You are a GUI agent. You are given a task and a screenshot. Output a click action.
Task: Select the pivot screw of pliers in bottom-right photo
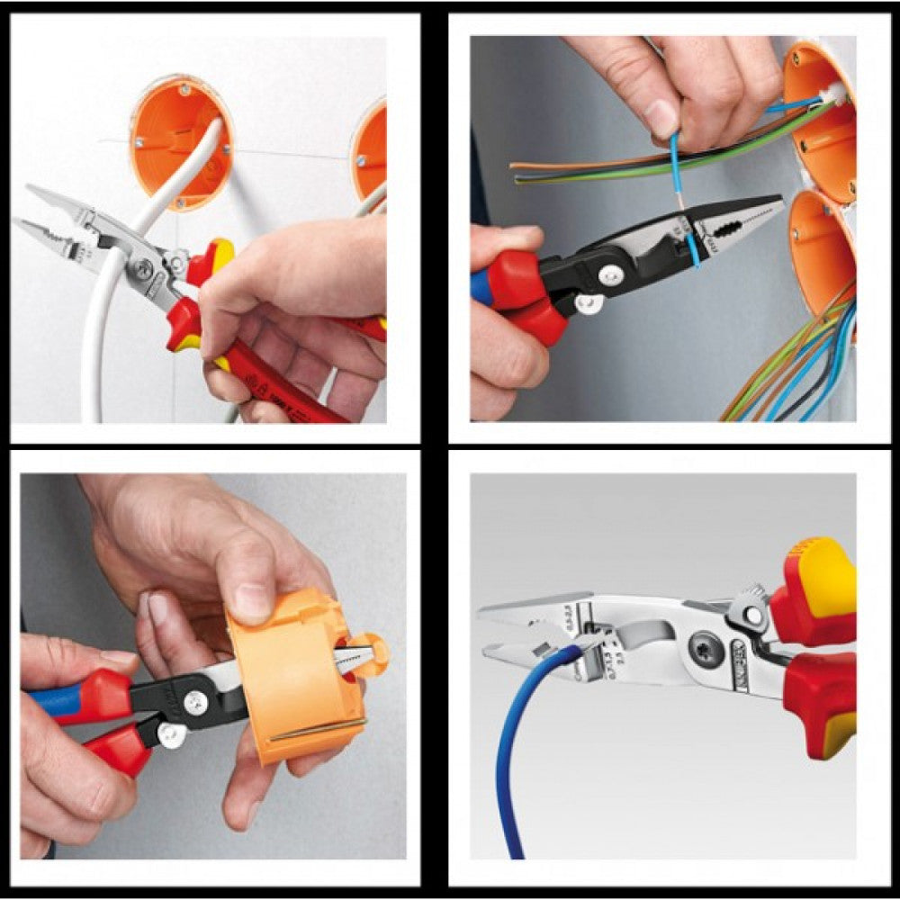(x=705, y=645)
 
